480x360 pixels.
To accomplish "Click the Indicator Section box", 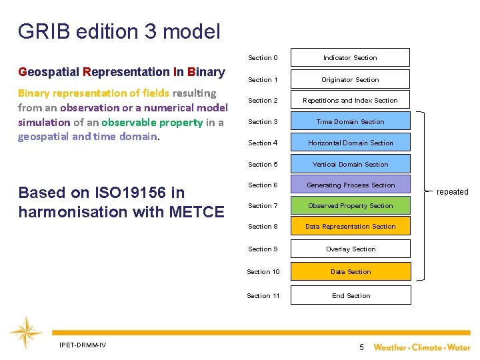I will coord(350,58).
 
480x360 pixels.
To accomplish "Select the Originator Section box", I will coord(350,80).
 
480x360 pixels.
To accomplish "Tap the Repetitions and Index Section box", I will coord(350,101).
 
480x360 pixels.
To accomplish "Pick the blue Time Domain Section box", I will coord(350,122).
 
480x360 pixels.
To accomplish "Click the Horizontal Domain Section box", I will coord(350,143).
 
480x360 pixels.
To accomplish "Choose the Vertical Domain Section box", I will coord(350,165).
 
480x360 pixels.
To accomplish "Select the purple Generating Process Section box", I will coord(350,185).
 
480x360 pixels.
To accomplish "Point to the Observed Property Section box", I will coord(350,206).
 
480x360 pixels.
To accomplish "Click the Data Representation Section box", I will coord(350,227).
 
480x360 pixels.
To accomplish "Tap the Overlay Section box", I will coord(350,249).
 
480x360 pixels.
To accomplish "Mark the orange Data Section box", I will coord(350,272).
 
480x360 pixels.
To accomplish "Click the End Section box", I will coord(350,296).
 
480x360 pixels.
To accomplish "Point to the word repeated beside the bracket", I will coord(452,192).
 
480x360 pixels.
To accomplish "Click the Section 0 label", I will coord(263,58).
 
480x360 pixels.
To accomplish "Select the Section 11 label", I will coord(263,296).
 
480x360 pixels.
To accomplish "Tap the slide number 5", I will coord(361,347).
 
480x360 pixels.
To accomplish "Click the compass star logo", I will coord(26,333).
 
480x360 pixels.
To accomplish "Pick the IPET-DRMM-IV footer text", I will coord(83,345).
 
